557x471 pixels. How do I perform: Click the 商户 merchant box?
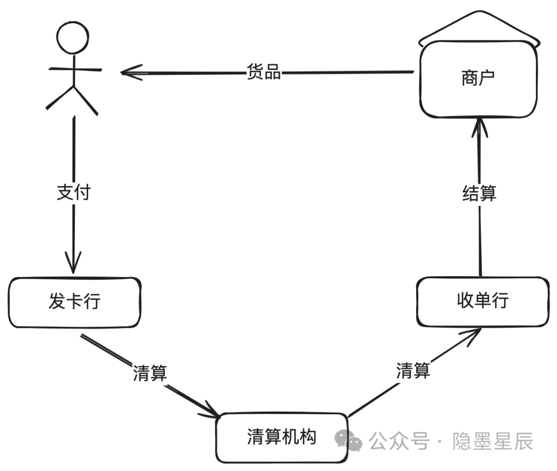478,78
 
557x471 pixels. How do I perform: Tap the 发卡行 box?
74,302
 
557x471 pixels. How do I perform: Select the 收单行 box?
482,301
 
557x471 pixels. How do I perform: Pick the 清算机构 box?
282,437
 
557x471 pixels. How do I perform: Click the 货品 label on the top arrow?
264,72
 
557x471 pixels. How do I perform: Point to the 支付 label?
73,192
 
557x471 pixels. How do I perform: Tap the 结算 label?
479,194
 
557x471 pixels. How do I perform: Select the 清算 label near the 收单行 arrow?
413,371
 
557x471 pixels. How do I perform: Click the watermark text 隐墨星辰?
493,441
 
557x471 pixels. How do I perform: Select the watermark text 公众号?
399,441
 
